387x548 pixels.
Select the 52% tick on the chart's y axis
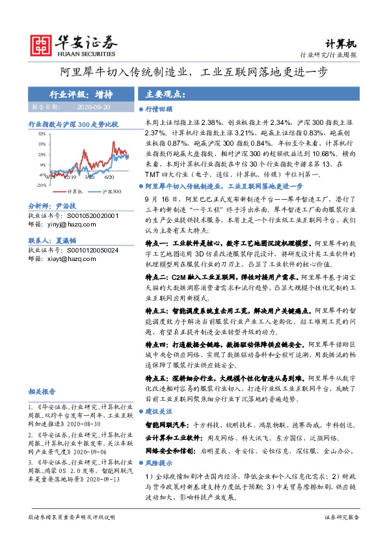(42, 133)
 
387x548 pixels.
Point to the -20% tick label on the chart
(41, 185)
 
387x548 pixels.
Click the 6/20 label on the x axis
(109, 176)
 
